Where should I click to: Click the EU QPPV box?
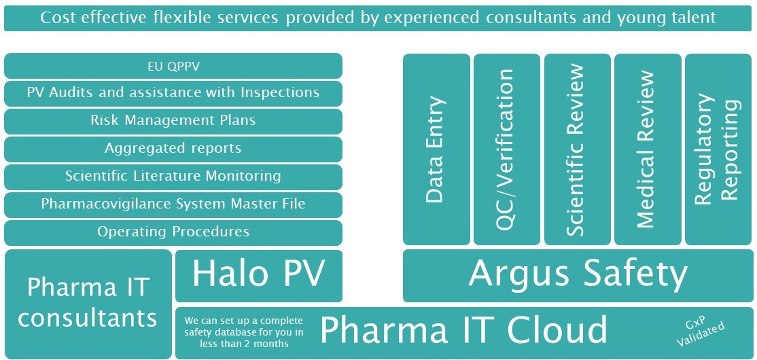coord(173,67)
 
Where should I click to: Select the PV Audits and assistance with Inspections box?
coord(173,92)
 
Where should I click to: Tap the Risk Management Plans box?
coord(173,121)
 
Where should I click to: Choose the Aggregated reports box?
coord(173,149)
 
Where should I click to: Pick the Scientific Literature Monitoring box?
coord(173,177)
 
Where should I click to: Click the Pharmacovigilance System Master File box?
coord(173,204)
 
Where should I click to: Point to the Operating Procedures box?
coord(173,232)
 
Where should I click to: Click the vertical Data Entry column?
coord(436,149)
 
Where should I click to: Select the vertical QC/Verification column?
coord(507,149)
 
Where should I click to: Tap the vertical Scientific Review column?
coord(577,149)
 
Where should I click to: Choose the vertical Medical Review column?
coord(647,149)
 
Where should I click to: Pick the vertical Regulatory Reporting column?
coord(718,149)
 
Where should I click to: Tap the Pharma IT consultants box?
coord(88,304)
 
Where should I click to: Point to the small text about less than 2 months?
coord(244,331)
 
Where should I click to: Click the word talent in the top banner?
coord(690,18)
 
